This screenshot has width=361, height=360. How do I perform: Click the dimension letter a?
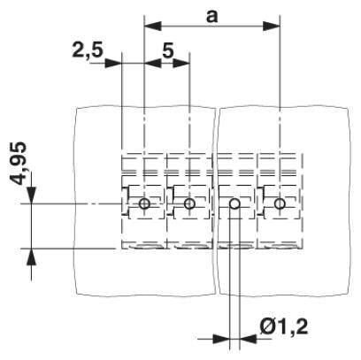(x=211, y=16)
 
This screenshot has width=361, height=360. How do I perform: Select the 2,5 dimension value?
(x=88, y=50)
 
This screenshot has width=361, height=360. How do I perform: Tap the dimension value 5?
(x=167, y=50)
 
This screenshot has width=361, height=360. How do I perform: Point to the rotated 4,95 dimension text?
(x=19, y=163)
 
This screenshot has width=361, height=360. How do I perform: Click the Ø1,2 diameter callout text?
(x=284, y=326)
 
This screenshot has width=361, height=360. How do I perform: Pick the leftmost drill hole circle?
(x=144, y=203)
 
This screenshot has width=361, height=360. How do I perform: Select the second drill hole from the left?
(x=189, y=203)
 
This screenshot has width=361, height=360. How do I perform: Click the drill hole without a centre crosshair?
(x=234, y=203)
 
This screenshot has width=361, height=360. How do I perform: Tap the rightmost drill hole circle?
(x=280, y=203)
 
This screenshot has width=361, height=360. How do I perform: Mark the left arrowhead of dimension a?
(x=153, y=26)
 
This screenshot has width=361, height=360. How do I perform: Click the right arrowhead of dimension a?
(x=271, y=26)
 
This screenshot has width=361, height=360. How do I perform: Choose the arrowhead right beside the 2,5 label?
(x=113, y=63)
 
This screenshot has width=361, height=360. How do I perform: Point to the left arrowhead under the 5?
(x=153, y=63)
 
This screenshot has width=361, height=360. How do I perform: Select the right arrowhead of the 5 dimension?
(x=180, y=63)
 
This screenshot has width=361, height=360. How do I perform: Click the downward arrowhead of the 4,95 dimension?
(x=31, y=195)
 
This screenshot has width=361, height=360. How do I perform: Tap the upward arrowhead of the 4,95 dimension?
(x=31, y=257)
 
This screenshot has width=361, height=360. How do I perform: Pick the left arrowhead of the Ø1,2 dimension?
(x=220, y=339)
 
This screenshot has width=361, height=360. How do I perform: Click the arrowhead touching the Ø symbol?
(x=248, y=339)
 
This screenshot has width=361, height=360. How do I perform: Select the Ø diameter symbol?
(x=267, y=326)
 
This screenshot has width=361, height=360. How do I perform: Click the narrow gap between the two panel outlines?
(x=217, y=201)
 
